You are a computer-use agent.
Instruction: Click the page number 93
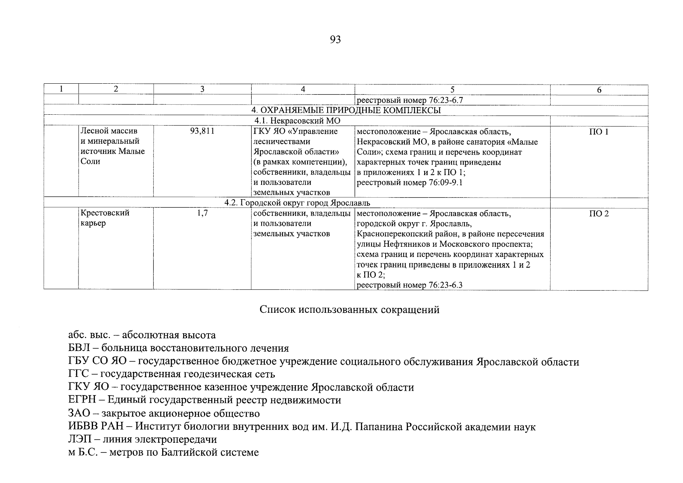pyautogui.click(x=335, y=39)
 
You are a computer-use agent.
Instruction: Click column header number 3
pyautogui.click(x=202, y=89)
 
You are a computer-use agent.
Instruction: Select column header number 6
pyautogui.click(x=599, y=90)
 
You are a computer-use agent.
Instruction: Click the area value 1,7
pyautogui.click(x=202, y=213)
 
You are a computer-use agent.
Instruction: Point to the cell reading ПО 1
pyautogui.click(x=599, y=132)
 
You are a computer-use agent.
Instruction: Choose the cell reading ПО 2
pyautogui.click(x=599, y=214)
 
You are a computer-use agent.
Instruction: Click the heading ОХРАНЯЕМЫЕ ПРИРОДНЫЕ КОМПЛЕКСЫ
pyautogui.click(x=346, y=110)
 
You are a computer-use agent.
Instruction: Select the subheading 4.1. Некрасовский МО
pyautogui.click(x=297, y=121)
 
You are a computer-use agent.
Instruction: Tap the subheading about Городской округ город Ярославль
pyautogui.click(x=297, y=202)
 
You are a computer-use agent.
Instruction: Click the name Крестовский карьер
pyautogui.click(x=105, y=218)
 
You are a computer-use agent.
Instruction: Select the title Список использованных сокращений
pyautogui.click(x=349, y=310)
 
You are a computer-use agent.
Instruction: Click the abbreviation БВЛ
pyautogui.click(x=80, y=348)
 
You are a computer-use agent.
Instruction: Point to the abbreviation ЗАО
pyautogui.click(x=79, y=413)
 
